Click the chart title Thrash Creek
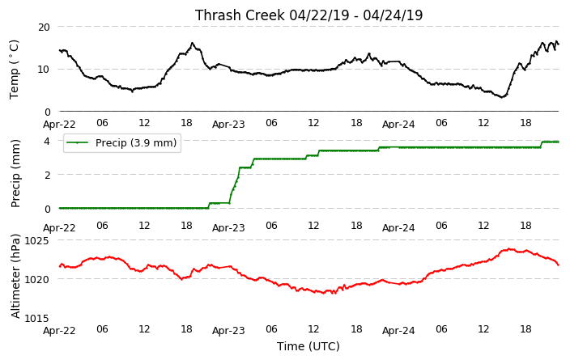[240, 15]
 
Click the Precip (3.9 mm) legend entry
[122, 142]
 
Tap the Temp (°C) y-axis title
[14, 70]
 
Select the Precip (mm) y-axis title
[15, 174]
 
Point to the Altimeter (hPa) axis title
[15, 276]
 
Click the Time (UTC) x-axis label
[308, 346]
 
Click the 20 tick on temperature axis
[44, 27]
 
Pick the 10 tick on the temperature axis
[44, 69]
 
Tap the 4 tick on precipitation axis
[47, 141]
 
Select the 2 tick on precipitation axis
[47, 175]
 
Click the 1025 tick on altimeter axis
[36, 240]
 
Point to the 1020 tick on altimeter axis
[36, 279]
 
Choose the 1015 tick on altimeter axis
[36, 318]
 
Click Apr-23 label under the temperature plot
[228, 125]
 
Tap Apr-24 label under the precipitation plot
[398, 228]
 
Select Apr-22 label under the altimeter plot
[59, 331]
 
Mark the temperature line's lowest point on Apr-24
[502, 97]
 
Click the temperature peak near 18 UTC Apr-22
[193, 43]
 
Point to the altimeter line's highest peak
[509, 249]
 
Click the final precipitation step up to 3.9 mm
[542, 145]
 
